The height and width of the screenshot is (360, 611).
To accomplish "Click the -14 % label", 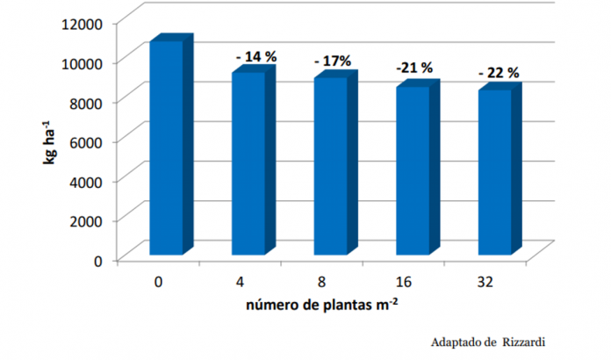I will (256, 56).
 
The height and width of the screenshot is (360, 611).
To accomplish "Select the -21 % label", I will (413, 67).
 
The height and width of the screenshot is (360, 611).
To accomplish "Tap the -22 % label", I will (498, 72).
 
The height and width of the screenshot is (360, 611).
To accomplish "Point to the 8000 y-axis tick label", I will (90, 101).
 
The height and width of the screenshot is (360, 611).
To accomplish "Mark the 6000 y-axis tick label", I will (90, 140).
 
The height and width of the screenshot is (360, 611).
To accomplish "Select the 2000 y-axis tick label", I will (90, 220).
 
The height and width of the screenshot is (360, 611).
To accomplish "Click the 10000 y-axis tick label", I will (85, 61).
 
